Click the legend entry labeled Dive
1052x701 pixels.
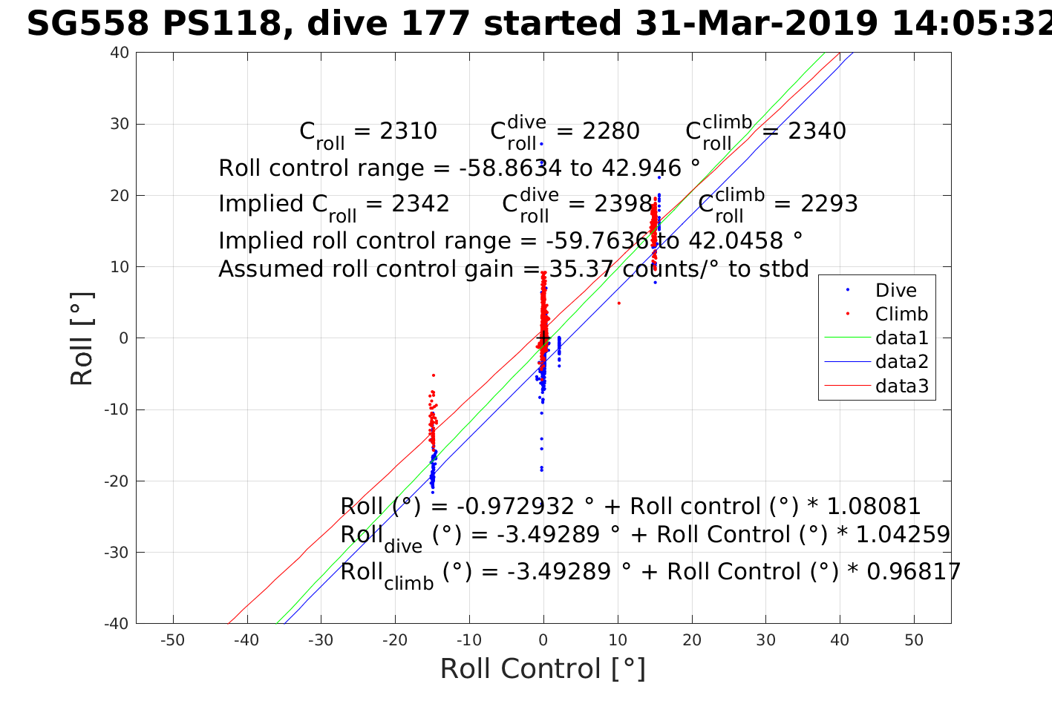click(895, 291)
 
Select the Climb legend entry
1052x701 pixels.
click(901, 315)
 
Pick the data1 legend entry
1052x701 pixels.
click(901, 338)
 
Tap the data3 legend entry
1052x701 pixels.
click(901, 386)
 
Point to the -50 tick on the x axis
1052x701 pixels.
click(173, 640)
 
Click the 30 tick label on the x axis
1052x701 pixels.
click(766, 640)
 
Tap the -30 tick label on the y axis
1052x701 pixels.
click(117, 553)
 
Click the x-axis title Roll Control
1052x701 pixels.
click(543, 669)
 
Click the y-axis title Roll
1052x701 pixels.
click(82, 339)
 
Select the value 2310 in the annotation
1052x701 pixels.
click(408, 131)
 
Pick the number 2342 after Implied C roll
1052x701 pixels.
click(421, 204)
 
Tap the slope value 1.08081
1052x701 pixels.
click(874, 507)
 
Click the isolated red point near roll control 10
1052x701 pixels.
click(618, 303)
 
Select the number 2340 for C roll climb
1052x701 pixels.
click(817, 131)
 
